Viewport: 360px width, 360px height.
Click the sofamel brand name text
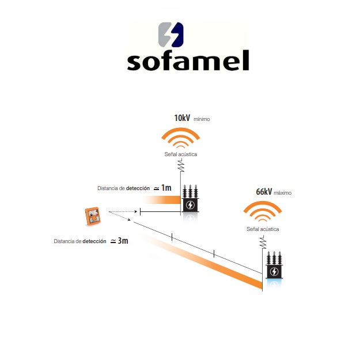pyautogui.click(x=188, y=59)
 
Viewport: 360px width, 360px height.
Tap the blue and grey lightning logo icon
pyautogui.click(x=170, y=34)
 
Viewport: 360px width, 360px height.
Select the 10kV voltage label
pyautogui.click(x=182, y=118)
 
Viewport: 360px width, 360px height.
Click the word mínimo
pyautogui.click(x=202, y=119)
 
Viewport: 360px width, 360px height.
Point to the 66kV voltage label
pyautogui.click(x=264, y=192)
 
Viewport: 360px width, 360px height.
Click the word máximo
pyautogui.click(x=283, y=193)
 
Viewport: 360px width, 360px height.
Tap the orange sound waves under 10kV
pyautogui.click(x=181, y=139)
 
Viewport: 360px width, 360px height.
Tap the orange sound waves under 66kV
pyautogui.click(x=263, y=212)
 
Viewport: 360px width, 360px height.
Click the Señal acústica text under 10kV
pyautogui.click(x=181, y=156)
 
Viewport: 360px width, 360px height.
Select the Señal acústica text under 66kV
pyautogui.click(x=263, y=229)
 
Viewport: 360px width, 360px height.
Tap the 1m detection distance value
pyautogui.click(x=166, y=188)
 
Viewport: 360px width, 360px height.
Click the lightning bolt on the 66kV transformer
pyautogui.click(x=274, y=272)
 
